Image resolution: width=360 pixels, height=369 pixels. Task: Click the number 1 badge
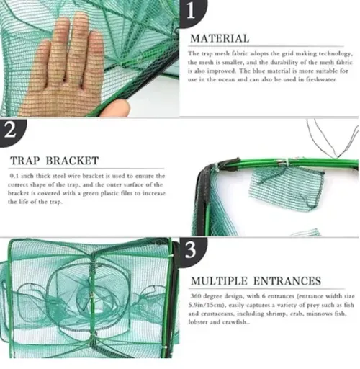(192, 12)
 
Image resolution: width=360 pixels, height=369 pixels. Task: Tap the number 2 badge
(11, 132)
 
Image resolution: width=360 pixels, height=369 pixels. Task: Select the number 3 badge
(192, 251)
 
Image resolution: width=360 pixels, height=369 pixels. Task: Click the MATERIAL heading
(220, 39)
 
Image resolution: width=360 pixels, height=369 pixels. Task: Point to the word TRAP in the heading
(24, 161)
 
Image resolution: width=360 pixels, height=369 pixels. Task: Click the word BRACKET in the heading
(72, 161)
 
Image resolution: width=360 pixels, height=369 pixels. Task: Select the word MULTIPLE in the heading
(219, 281)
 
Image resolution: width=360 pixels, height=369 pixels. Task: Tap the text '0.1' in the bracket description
(14, 176)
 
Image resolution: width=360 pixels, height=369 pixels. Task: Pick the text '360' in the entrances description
(196, 296)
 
